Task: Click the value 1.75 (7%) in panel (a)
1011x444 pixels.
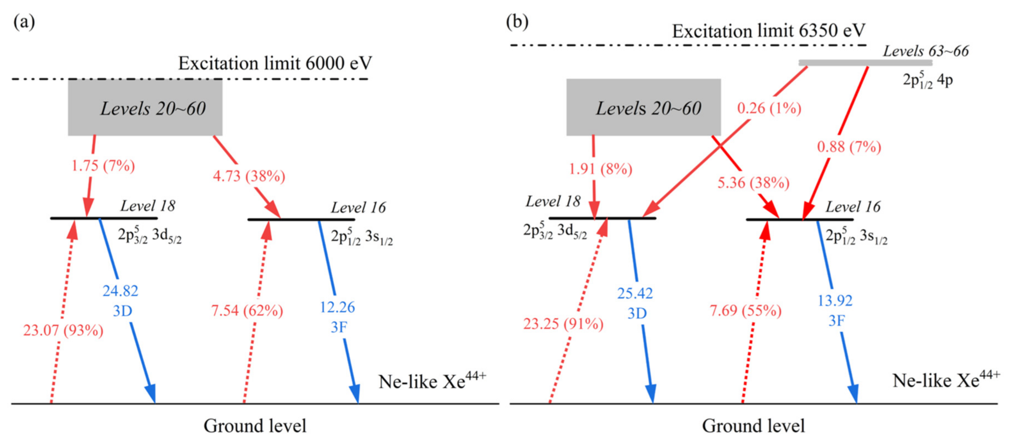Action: [103, 166]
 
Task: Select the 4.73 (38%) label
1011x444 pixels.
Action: [249, 176]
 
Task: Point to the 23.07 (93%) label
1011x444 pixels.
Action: [63, 331]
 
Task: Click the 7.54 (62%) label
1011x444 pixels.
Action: [247, 311]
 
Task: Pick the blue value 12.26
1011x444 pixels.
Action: [337, 307]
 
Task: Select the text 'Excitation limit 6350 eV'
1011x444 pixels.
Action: [768, 31]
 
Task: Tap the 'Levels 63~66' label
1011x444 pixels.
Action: [926, 51]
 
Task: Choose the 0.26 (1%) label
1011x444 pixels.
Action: [769, 108]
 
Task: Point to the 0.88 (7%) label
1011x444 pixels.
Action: [849, 147]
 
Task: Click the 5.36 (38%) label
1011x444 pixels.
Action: [753, 183]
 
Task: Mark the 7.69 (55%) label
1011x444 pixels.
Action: [745, 311]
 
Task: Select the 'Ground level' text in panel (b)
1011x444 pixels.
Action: [753, 426]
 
